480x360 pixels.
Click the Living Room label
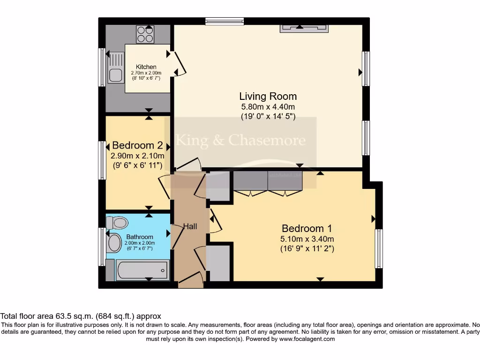(268, 97)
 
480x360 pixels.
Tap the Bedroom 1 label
(307, 229)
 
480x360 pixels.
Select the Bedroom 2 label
(134, 145)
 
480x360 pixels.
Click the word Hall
(190, 227)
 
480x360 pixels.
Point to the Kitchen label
(146, 67)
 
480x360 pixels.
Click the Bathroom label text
(140, 237)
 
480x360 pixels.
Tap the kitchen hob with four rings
(145, 34)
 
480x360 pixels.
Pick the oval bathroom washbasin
(114, 243)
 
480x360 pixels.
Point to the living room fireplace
(304, 28)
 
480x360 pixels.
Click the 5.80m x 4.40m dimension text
(268, 107)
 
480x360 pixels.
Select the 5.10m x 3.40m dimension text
(307, 239)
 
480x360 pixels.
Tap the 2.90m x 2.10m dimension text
(137, 156)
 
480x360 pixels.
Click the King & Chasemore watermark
(240, 140)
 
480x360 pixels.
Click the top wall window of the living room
(225, 21)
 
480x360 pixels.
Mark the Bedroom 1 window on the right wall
(379, 248)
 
